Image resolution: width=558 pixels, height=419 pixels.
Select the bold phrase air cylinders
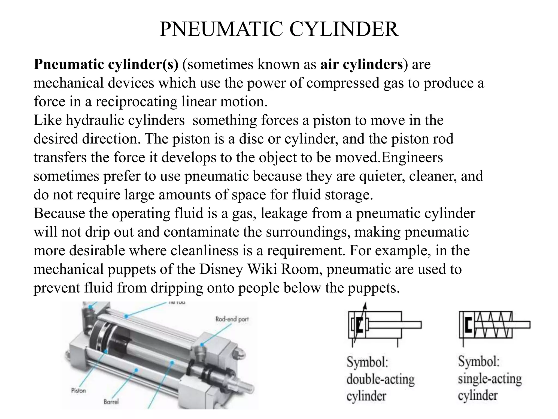(361, 65)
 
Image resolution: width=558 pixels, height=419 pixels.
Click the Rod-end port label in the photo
(232, 319)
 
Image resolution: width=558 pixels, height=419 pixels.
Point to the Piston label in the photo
(78, 391)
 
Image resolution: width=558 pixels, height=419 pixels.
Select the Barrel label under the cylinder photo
(111, 402)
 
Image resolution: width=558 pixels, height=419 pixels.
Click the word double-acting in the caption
(380, 379)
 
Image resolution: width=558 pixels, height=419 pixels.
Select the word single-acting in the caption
(490, 379)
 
